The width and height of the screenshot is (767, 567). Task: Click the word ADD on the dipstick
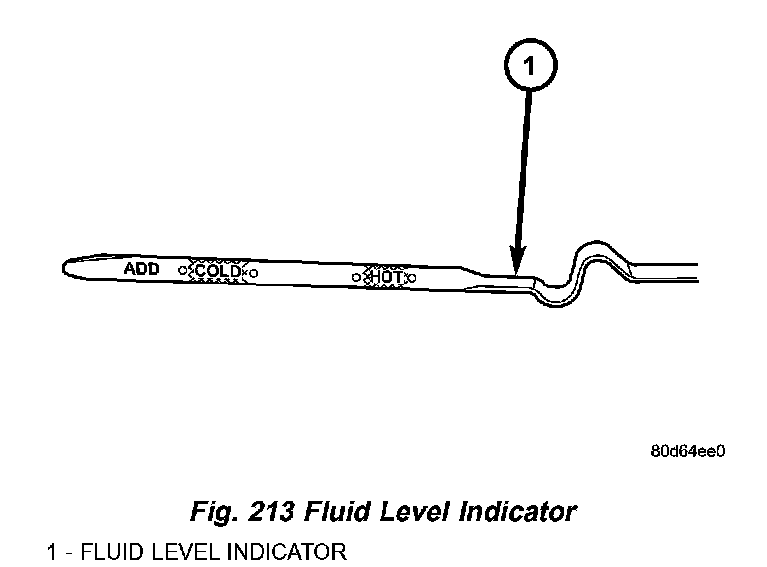tap(141, 269)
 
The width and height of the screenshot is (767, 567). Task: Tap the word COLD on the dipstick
tap(217, 271)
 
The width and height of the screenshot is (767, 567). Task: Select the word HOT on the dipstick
tap(383, 275)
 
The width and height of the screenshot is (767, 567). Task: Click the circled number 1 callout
tap(529, 67)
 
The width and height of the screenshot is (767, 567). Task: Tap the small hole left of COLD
tap(182, 271)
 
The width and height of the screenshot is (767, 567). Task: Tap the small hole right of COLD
tap(253, 272)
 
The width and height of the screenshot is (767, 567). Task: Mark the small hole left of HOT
tap(356, 275)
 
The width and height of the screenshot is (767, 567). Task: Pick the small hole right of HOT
tap(412, 276)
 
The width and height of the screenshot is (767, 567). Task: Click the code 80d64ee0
tap(687, 450)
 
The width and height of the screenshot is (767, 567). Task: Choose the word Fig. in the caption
tap(212, 512)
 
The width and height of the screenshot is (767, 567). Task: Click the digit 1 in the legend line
tap(51, 551)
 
